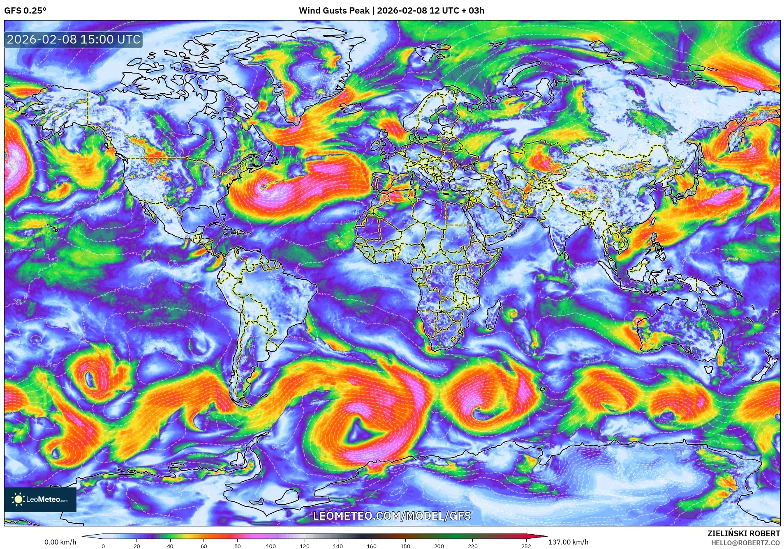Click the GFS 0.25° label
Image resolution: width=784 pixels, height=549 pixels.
tap(25, 11)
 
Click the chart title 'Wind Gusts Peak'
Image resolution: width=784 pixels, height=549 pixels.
tap(334, 11)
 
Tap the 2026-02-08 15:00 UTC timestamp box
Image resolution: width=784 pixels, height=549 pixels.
tap(74, 40)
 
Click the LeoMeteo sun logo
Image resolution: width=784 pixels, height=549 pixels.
tap(18, 499)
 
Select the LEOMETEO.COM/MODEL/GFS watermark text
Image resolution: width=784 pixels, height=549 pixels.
tap(392, 516)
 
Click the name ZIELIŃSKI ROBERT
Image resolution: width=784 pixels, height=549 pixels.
tap(743, 533)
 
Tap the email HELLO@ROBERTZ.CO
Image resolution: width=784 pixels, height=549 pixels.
tap(745, 542)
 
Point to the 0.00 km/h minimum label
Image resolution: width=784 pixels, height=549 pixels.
tap(60, 542)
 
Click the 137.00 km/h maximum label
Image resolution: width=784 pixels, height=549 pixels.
tap(568, 542)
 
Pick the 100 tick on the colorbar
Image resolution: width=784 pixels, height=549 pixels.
tap(271, 546)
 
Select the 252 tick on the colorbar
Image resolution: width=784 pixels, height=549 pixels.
tap(526, 546)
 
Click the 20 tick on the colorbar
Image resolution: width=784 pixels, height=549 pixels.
tap(136, 546)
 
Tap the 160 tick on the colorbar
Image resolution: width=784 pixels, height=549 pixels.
tap(371, 546)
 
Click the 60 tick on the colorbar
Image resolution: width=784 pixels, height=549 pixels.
tap(204, 546)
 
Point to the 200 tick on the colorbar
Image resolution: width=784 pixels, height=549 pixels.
tap(439, 546)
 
